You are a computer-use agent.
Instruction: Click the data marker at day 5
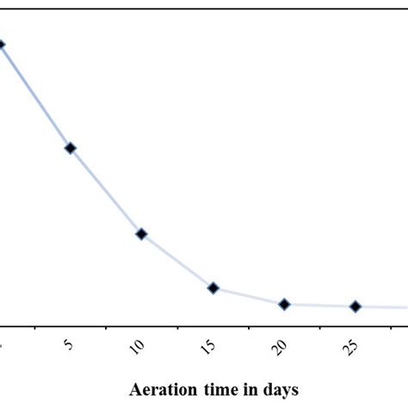71,148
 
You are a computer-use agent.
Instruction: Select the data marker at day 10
141,233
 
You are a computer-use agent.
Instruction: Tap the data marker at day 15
213,287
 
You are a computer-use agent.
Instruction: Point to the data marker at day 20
284,304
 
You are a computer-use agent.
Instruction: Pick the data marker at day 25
355,306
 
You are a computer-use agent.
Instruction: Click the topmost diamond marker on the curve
2,45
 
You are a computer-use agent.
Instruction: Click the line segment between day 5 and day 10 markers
106,191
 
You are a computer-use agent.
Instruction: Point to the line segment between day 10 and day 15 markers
176,261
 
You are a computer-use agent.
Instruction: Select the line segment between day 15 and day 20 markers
248,296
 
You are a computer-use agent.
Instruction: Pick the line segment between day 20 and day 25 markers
319,306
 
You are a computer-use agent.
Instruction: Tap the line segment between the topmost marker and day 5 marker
36,96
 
